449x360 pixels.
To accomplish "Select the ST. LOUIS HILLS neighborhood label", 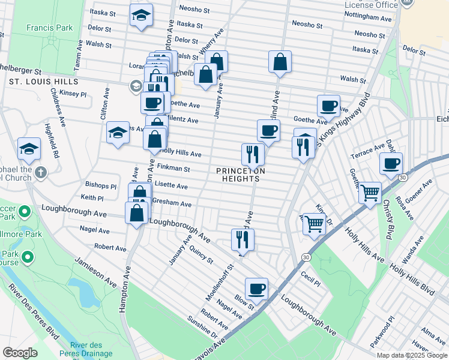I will click(x=43, y=82).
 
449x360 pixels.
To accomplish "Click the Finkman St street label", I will click(x=173, y=170).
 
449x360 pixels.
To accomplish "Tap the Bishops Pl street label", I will click(x=101, y=185).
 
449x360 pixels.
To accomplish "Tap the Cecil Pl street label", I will click(x=310, y=279).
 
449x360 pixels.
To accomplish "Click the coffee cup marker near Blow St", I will click(x=256, y=289).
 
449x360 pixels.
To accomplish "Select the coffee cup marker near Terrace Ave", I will click(x=391, y=163).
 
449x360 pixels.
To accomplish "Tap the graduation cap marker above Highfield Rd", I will click(x=29, y=149).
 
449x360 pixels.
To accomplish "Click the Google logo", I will click(x=20, y=353).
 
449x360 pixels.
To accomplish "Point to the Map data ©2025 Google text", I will click(x=411, y=355).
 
